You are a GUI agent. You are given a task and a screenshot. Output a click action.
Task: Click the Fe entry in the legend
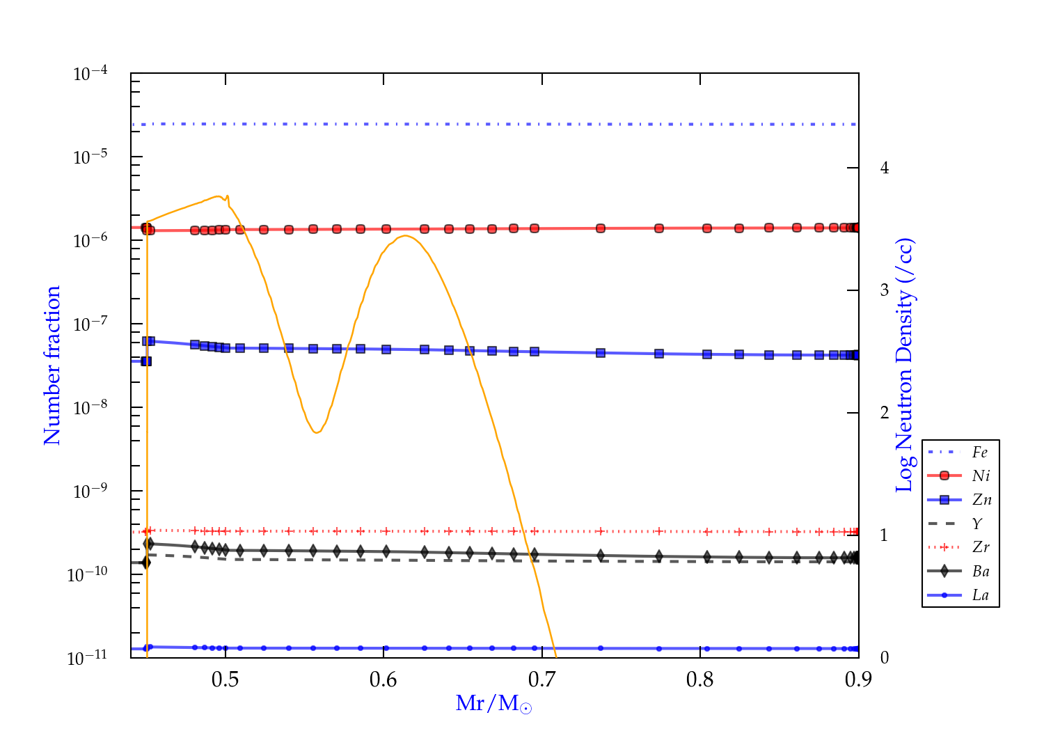click(x=980, y=453)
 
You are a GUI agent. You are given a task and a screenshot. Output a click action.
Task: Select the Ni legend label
click(x=981, y=476)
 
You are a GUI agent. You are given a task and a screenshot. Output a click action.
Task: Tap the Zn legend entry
click(x=981, y=500)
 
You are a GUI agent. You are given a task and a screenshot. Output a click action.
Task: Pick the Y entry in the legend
click(x=977, y=524)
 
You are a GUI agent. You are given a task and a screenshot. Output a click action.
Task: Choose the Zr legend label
click(x=981, y=547)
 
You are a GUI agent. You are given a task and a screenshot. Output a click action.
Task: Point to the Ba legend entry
click(x=981, y=572)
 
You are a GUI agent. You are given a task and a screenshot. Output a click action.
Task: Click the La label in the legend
click(x=980, y=595)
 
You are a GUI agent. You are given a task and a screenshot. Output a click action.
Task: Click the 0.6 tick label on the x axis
click(x=383, y=679)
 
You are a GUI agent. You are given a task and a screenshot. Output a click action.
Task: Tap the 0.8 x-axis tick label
click(x=700, y=679)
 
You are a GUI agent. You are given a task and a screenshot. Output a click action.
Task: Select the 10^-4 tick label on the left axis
click(x=90, y=73)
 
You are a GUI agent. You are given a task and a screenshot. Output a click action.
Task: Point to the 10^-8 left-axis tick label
click(x=90, y=407)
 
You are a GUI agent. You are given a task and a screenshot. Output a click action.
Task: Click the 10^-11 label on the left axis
click(x=88, y=658)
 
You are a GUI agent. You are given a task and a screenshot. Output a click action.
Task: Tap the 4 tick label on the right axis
click(x=885, y=168)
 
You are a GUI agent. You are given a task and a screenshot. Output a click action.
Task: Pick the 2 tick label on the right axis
click(x=885, y=413)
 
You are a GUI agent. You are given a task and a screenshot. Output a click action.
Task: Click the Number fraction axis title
click(x=52, y=365)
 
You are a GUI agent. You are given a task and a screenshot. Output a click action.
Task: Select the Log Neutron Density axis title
click(x=905, y=365)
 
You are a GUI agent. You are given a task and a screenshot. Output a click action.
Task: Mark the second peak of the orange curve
click(x=405, y=235)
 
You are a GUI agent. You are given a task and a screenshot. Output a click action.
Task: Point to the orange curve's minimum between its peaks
click(x=317, y=432)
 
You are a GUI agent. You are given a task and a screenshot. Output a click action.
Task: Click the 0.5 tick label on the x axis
click(x=226, y=679)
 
